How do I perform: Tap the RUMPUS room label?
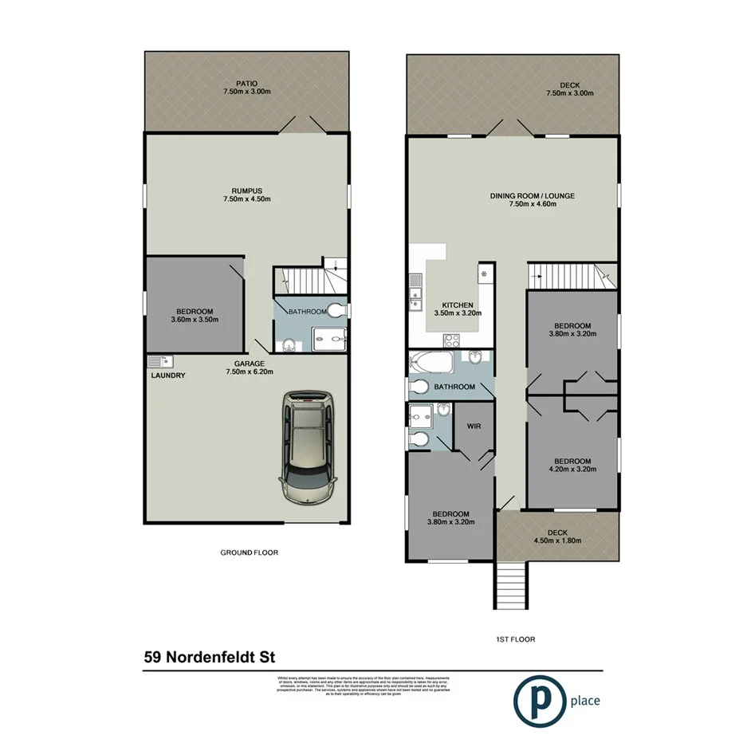tap(247, 191)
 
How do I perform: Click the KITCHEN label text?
tap(458, 305)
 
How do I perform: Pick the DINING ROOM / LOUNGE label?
tap(533, 195)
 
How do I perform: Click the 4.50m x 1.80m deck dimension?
tap(557, 541)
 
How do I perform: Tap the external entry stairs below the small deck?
tap(510, 587)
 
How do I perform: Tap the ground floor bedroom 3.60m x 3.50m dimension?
tap(195, 320)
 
